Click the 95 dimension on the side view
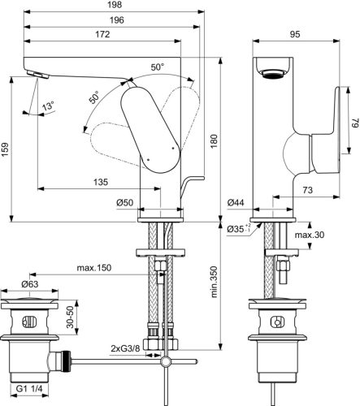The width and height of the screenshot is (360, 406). click(x=296, y=35)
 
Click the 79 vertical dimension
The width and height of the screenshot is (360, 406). click(x=354, y=124)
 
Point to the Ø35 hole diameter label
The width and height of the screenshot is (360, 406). click(x=236, y=231)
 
